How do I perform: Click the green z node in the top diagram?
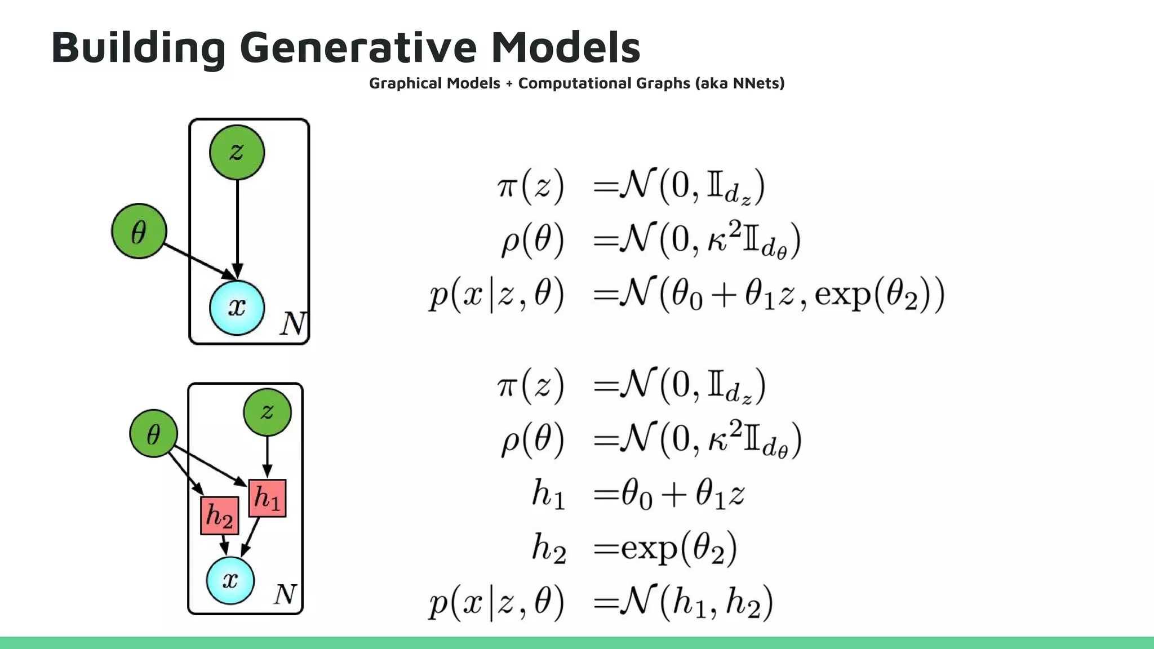pos(237,152)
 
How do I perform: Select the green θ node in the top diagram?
pos(139,232)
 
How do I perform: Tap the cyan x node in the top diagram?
pos(237,308)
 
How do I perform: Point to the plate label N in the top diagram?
pos(293,323)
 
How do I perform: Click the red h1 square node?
pos(267,498)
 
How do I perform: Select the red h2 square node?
pos(219,515)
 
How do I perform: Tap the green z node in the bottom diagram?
pos(267,412)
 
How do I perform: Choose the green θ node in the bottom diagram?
pos(153,434)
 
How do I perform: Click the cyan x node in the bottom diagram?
pos(230,580)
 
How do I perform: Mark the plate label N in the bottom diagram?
pos(285,594)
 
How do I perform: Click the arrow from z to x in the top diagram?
pos(237,225)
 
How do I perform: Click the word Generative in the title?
pos(358,47)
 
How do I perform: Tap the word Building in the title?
pos(139,47)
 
